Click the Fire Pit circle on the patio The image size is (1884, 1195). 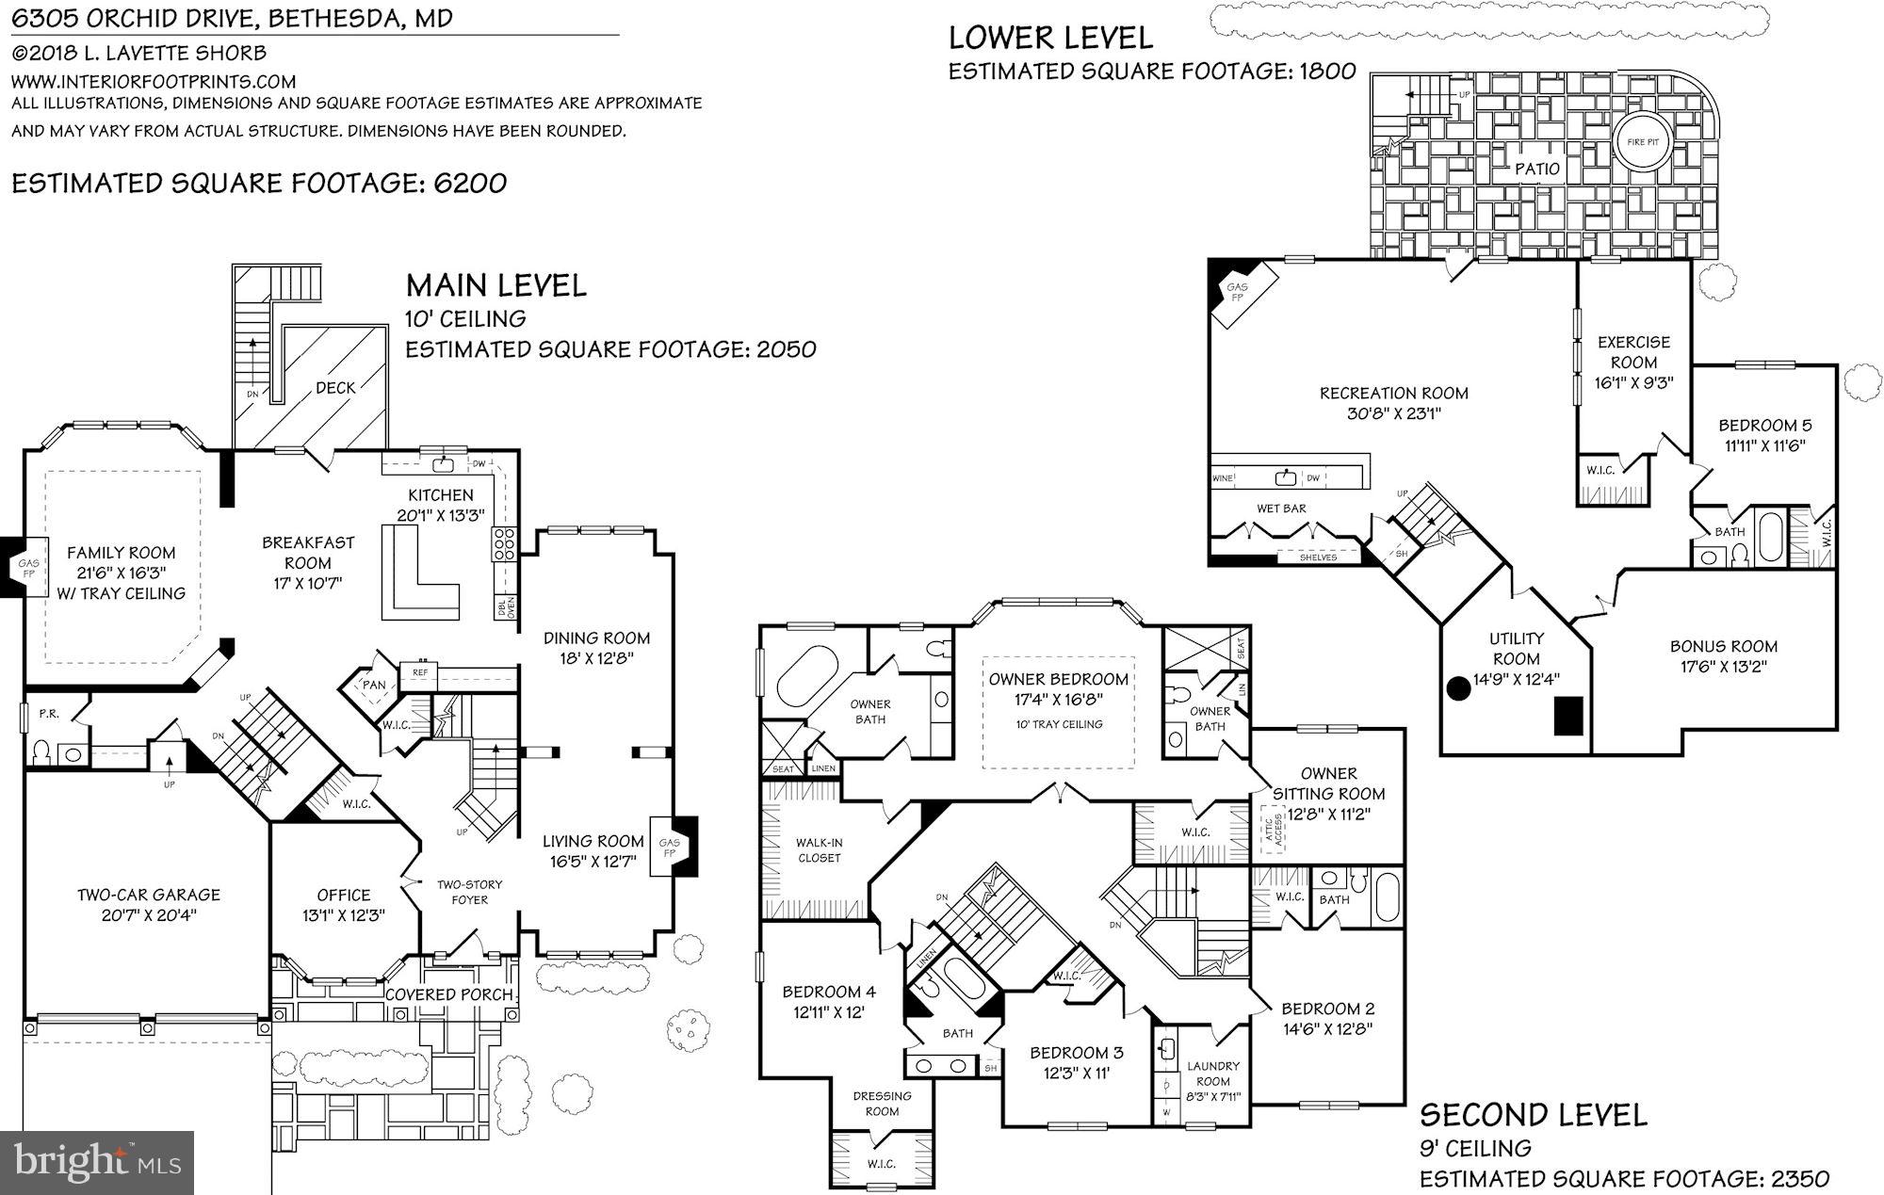point(1643,142)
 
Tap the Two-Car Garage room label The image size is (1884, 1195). point(149,895)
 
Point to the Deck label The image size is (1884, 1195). point(335,387)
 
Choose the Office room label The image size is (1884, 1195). point(343,895)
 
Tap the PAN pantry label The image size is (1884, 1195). point(374,685)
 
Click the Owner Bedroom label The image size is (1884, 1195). point(1058,679)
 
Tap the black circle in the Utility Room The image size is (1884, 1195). point(1458,688)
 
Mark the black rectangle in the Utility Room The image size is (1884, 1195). point(1568,716)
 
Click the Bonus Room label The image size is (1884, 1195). point(1723,646)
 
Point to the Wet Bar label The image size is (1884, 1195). point(1281,509)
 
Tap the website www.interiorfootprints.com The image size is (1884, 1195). point(154,82)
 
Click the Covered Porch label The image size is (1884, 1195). point(448,994)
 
